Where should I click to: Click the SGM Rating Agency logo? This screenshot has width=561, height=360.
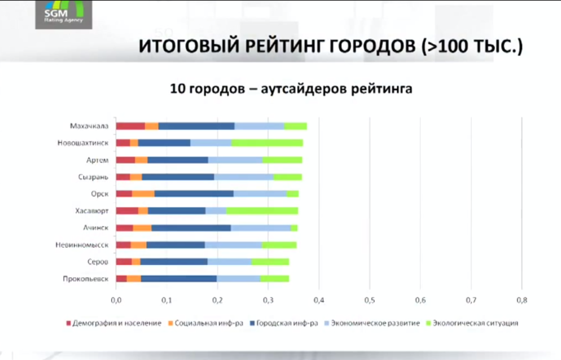tap(63, 14)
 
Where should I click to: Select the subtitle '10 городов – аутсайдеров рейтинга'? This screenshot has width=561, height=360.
tap(291, 89)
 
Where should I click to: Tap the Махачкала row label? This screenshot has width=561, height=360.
tap(89, 126)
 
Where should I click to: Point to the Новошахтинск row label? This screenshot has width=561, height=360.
tap(83, 143)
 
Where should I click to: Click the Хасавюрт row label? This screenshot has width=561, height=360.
tap(92, 211)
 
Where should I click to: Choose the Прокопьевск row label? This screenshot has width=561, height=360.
tap(85, 279)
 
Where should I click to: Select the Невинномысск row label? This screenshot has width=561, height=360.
tap(82, 245)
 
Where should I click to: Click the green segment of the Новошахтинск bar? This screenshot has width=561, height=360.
tap(267, 143)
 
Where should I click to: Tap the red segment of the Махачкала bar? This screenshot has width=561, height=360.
tap(130, 126)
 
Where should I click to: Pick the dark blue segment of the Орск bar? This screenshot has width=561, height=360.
tap(194, 194)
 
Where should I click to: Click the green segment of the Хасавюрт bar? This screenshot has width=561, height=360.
tap(262, 211)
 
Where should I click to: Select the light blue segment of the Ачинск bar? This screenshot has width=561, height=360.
tap(260, 228)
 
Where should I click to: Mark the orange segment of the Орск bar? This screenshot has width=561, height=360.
tap(143, 194)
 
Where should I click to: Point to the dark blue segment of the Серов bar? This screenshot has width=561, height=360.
tap(174, 261)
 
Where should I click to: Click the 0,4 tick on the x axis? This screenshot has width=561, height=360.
tap(319, 300)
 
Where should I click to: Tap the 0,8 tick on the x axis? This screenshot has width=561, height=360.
tap(522, 300)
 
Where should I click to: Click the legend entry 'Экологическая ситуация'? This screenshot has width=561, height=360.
tap(472, 323)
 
